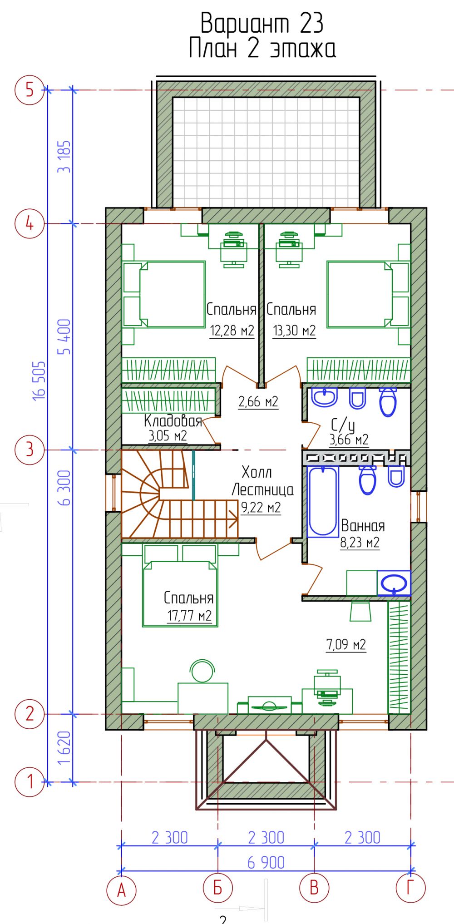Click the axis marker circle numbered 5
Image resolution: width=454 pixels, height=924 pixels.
[30, 90]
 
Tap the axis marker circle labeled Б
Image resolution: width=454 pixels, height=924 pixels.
[218, 888]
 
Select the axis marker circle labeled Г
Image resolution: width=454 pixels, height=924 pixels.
[410, 888]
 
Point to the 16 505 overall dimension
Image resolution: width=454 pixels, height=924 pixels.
[39, 380]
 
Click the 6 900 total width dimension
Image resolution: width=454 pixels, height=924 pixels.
[266, 862]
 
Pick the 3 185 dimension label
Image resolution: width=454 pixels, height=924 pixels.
[64, 157]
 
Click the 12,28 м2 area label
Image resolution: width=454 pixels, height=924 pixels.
[232, 330]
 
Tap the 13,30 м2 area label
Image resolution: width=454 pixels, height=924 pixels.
[294, 330]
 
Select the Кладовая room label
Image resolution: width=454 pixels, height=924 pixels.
[173, 420]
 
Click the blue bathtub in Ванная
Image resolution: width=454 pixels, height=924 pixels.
[322, 501]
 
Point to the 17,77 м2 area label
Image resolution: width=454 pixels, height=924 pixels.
[189, 616]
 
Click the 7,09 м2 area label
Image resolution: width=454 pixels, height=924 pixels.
[346, 644]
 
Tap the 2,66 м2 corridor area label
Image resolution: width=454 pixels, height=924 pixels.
[258, 401]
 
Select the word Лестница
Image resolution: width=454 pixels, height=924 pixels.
[262, 489]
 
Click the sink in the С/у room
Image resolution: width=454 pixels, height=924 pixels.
[325, 397]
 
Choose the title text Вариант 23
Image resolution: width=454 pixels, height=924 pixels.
[262, 23]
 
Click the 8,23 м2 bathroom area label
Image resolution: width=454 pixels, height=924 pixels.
[360, 543]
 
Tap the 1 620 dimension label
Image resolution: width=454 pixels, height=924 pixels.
[64, 748]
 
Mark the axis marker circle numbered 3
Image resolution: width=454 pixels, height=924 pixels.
[30, 450]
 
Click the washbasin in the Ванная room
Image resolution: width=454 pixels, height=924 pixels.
[394, 583]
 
